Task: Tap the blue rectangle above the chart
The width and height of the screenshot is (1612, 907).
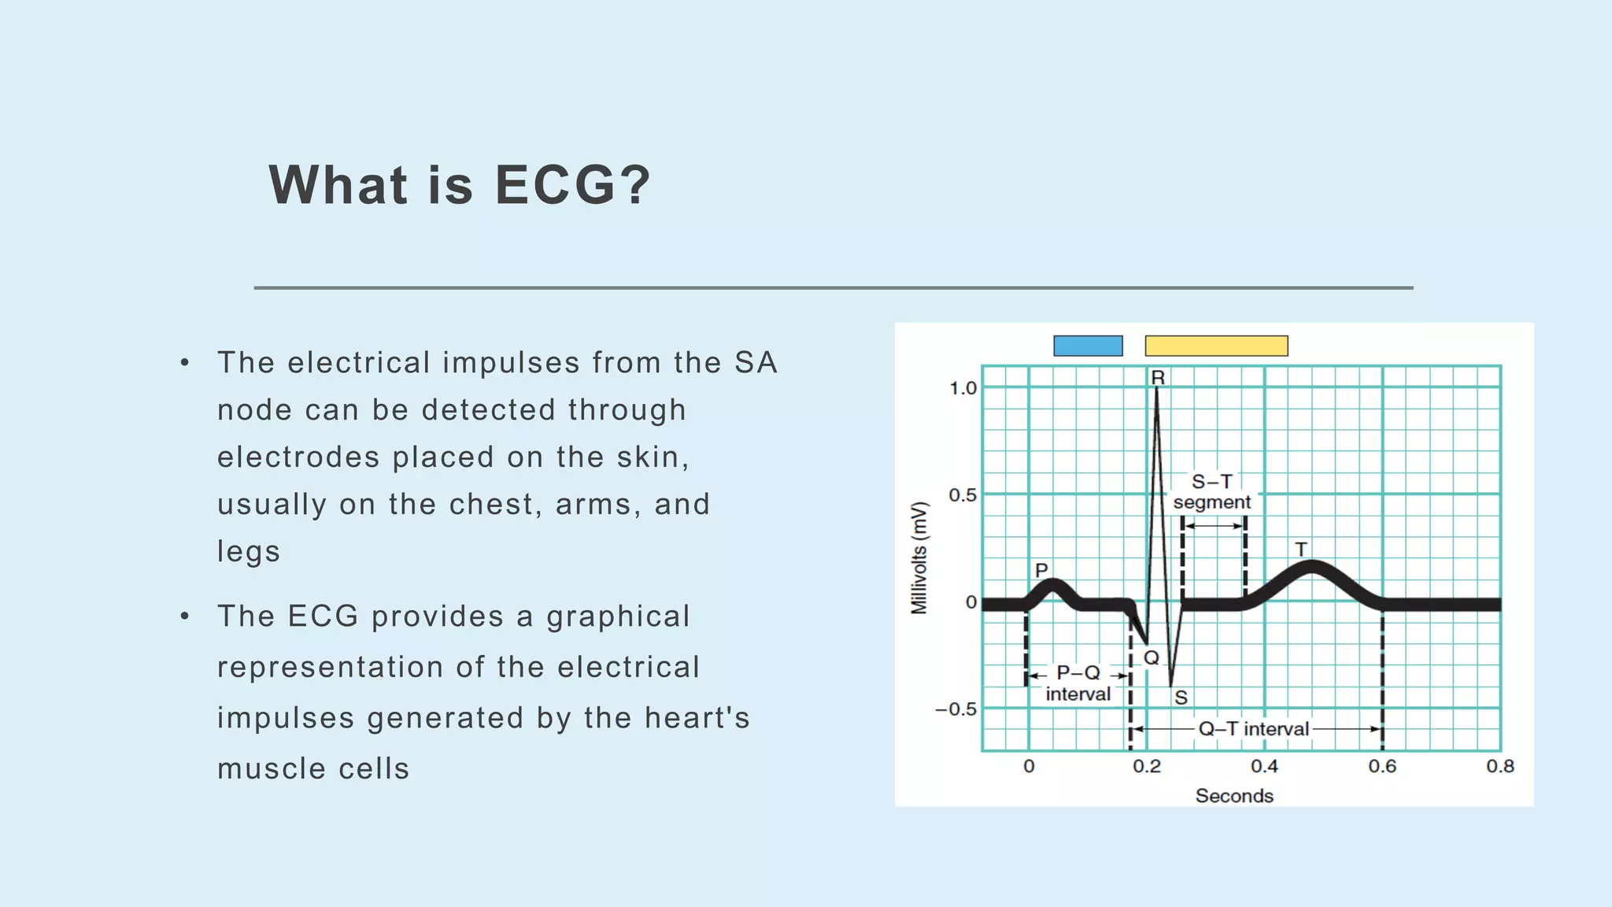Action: [x=1088, y=346]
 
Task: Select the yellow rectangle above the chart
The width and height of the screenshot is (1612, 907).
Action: [x=1216, y=346]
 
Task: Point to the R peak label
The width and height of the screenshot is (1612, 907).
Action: [x=1158, y=378]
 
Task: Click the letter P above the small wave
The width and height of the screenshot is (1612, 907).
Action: [x=1041, y=570]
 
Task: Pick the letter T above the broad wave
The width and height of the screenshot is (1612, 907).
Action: [x=1301, y=549]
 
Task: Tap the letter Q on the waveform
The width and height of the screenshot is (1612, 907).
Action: [x=1152, y=657]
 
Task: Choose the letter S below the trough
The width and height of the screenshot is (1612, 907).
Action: [x=1181, y=698]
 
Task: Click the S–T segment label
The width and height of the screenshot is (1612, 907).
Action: [x=1212, y=492]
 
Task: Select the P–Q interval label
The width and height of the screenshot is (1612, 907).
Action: [x=1078, y=683]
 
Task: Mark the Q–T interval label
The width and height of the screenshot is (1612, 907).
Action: [x=1253, y=729]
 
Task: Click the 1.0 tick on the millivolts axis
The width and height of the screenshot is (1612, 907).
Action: [x=962, y=388]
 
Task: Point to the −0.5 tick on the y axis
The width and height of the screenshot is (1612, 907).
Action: [x=956, y=709]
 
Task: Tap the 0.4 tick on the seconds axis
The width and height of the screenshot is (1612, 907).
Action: [x=1264, y=766]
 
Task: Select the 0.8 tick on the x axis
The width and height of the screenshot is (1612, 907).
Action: [x=1500, y=766]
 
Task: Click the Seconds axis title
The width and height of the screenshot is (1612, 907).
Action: [x=1234, y=796]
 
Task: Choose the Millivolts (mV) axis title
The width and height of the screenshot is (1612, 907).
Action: [x=919, y=557]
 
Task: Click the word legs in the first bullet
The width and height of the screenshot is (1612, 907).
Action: [x=249, y=552]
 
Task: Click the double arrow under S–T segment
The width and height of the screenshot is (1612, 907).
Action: [x=1214, y=525]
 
